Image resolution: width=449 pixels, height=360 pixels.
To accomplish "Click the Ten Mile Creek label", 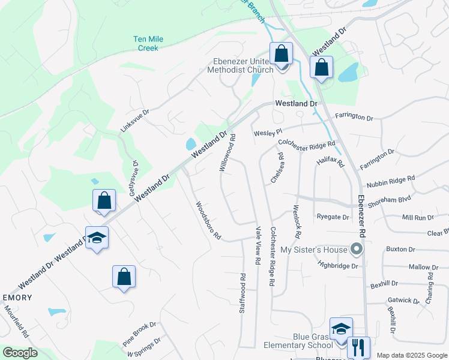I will tap(148, 43).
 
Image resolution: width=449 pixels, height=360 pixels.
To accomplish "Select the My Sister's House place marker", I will tap(358, 249).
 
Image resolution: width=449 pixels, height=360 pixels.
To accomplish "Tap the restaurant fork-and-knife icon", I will tap(358, 347).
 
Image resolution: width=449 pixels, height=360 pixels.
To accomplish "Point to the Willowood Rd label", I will tap(228, 152).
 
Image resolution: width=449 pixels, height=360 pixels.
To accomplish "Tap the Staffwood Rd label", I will tap(243, 294).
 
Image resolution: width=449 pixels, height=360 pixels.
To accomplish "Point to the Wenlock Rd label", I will tap(296, 219).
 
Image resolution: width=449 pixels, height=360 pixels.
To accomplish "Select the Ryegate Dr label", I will tap(333, 217).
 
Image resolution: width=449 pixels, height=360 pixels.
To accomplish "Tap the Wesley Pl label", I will tap(267, 132).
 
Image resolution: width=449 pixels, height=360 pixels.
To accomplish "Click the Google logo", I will tap(20, 352).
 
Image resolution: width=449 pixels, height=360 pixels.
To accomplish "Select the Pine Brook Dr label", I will tap(139, 334).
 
